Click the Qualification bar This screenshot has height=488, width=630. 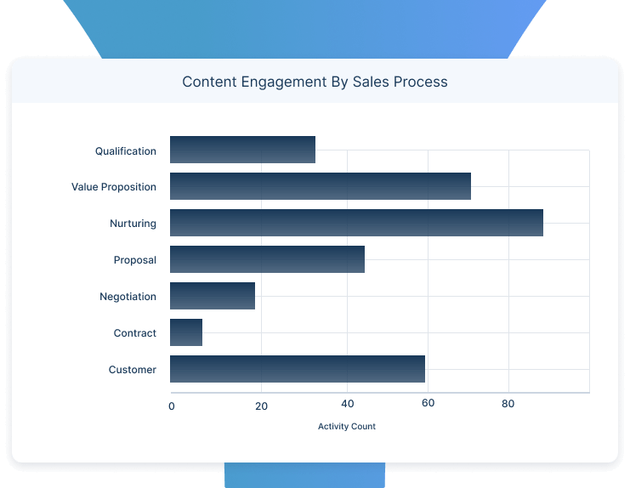coord(242,150)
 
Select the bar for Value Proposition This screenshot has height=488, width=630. coord(320,186)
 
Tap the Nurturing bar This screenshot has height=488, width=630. coord(356,223)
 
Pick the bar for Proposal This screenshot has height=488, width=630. coord(267,259)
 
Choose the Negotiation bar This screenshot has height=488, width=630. coord(213,296)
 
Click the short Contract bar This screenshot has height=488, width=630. coord(186,332)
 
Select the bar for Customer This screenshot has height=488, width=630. coord(298,369)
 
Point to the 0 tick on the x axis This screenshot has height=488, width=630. coord(172,406)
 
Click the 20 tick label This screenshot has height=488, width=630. coord(261,406)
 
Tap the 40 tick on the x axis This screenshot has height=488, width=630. coord(347,403)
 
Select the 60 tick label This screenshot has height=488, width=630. coord(428,403)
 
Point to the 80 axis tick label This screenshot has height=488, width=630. coord(508,403)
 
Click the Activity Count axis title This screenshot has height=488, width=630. coord(346,426)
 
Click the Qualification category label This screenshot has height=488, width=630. coord(126,151)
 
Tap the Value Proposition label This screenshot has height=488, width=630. coord(114,187)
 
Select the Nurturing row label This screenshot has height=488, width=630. coord(133,224)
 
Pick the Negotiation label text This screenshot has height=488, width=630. coord(128,297)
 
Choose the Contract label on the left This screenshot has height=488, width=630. coord(134,333)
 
